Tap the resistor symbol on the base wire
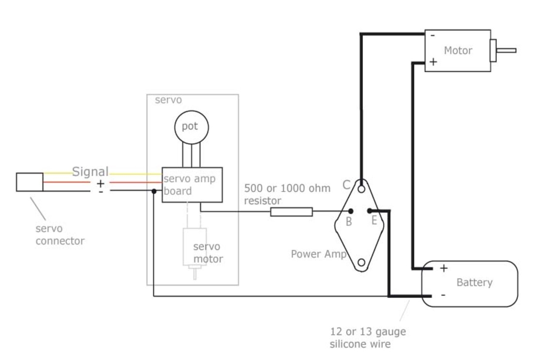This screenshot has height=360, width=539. (x=291, y=212)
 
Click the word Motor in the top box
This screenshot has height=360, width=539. (x=458, y=50)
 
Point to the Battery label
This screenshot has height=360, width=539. (x=474, y=282)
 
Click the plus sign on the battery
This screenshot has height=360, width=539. (x=444, y=268)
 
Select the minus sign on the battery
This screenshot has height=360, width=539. (x=443, y=295)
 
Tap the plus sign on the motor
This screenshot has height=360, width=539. (x=433, y=61)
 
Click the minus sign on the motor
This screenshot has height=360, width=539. (x=433, y=35)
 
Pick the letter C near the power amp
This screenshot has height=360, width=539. (x=346, y=185)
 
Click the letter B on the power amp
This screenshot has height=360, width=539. (x=348, y=222)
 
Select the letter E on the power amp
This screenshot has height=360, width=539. (x=374, y=220)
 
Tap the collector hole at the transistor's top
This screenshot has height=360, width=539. (x=361, y=189)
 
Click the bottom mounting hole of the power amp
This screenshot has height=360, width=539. (x=361, y=263)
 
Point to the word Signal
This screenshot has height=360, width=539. (x=90, y=172)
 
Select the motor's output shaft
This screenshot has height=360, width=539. (x=506, y=50)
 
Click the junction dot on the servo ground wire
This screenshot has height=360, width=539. (x=154, y=191)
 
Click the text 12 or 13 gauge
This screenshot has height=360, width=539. (x=368, y=332)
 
